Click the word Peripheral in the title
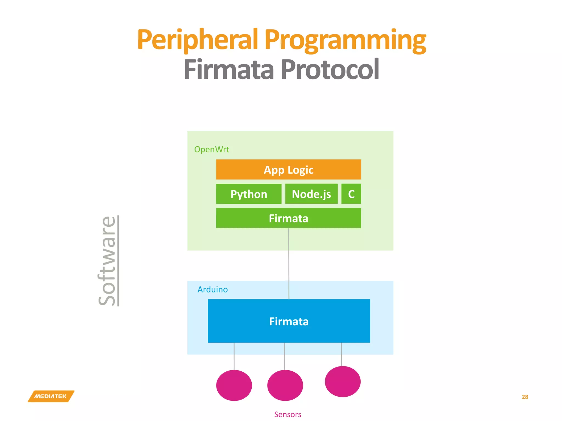(198, 40)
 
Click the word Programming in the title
(345, 40)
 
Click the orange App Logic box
(288, 170)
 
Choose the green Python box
(249, 194)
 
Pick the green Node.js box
(311, 194)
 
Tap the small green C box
(351, 194)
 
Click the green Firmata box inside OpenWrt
(288, 218)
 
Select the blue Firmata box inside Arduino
(289, 321)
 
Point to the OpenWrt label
(212, 149)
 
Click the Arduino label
(213, 289)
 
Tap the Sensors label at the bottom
(288, 414)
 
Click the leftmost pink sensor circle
(234, 385)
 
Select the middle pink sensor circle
(285, 385)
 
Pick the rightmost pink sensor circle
(342, 381)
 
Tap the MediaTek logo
(51, 396)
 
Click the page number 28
(525, 397)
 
